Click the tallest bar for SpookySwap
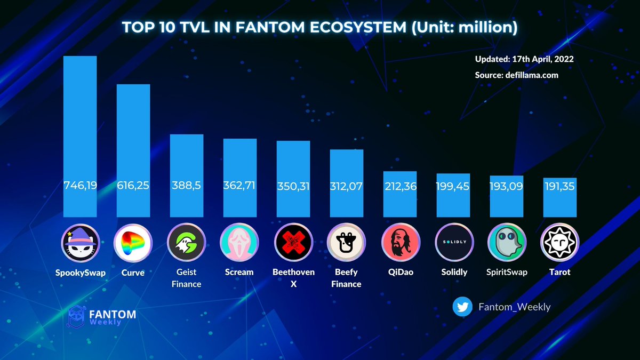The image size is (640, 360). tap(80, 136)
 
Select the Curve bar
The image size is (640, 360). tap(133, 150)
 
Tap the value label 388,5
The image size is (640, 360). tap(187, 186)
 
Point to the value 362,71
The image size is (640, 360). tap(239, 186)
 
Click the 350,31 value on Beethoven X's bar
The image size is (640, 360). tap(293, 187)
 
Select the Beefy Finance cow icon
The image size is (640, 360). tap(346, 242)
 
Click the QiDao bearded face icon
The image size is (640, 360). tap(400, 242)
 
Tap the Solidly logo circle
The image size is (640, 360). tap(453, 242)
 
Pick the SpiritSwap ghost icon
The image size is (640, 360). tap(507, 242)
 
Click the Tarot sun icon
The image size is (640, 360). tap(560, 242)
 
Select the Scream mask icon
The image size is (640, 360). tap(239, 242)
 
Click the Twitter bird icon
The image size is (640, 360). tap(462, 307)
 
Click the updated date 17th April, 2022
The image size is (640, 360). tap(542, 59)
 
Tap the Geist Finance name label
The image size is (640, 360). tap(187, 278)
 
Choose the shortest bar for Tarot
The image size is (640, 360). tap(560, 197)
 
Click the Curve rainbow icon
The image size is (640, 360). tap(133, 242)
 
